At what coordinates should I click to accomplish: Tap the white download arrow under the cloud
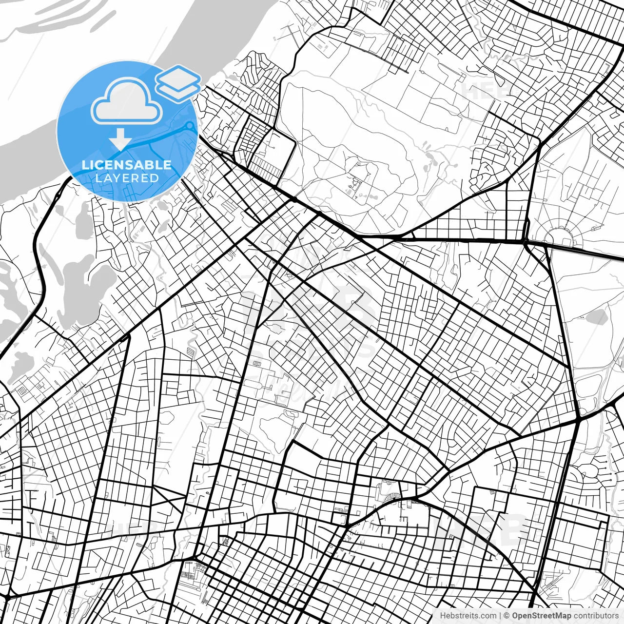click(120, 140)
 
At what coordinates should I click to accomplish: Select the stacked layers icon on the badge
click(178, 83)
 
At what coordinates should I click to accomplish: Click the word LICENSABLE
click(127, 165)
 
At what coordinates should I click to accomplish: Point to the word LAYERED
click(127, 178)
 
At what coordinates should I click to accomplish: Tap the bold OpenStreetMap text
click(542, 616)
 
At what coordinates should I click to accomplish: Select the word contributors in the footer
click(596, 616)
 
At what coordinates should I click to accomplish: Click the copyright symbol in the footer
click(507, 616)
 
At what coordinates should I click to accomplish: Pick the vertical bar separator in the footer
click(501, 616)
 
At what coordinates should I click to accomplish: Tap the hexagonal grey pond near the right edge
click(595, 317)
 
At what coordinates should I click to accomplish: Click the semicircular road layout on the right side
click(560, 236)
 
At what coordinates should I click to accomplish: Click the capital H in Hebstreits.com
click(443, 616)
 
